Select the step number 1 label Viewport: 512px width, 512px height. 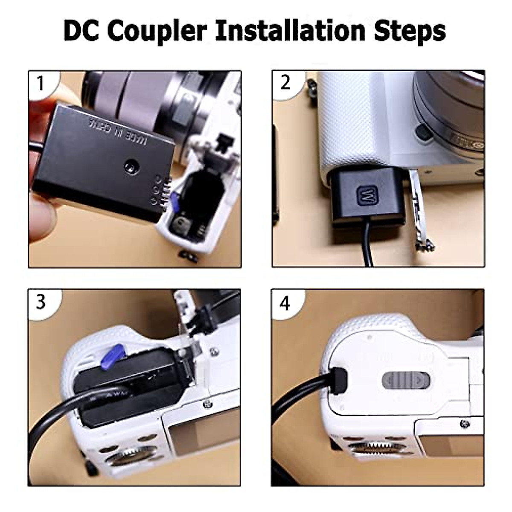(x=41, y=83)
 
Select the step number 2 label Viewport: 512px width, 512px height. (x=285, y=83)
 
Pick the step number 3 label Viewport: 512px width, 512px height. (x=41, y=302)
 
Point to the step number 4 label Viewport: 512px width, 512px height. (x=285, y=303)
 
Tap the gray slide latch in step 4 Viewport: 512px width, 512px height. (x=406, y=379)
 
